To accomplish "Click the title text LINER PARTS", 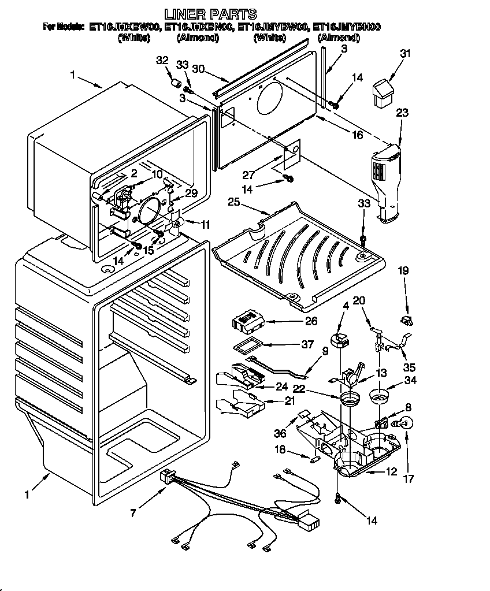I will (x=210, y=13).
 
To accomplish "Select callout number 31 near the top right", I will (x=406, y=54).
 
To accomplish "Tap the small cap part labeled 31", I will (x=383, y=93).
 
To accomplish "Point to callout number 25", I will (x=233, y=202).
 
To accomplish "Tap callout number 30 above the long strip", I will (x=198, y=69).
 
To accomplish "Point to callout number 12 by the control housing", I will (x=391, y=472).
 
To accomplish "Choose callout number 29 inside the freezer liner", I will (x=191, y=193).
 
